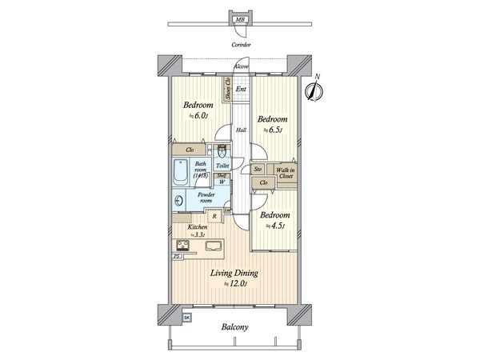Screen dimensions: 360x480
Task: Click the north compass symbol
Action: click(314, 90)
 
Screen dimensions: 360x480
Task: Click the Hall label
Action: click(240, 130)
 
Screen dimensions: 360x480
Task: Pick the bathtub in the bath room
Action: click(179, 172)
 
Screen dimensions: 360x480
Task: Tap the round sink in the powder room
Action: click(180, 201)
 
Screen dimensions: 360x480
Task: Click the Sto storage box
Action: click(258, 170)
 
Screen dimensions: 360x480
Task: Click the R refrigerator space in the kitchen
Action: click(214, 216)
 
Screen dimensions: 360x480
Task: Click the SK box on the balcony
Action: click(187, 318)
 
